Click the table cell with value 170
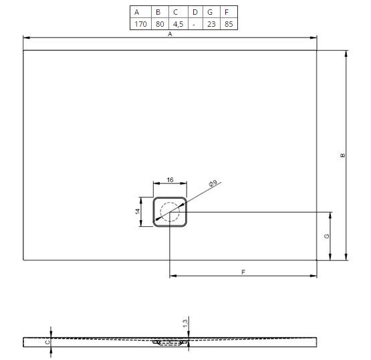pos(140,24)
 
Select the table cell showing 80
pos(160,24)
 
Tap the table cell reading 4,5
pos(178,24)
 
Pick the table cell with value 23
pos(211,24)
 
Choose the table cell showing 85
pos(229,24)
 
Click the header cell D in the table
pos(195,12)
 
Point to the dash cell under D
pos(195,24)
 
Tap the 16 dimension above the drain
pos(170,180)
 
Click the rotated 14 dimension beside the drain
pos(138,211)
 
